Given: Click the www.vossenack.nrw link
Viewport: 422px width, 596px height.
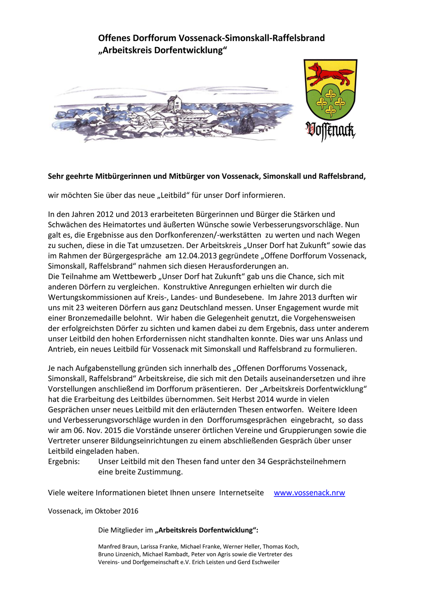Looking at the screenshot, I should (x=309, y=493).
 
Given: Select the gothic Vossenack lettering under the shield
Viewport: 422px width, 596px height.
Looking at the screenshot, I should (x=330, y=131).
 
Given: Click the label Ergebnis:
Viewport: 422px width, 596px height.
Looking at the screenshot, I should (x=64, y=461).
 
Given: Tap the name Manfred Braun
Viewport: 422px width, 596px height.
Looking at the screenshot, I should (x=118, y=547).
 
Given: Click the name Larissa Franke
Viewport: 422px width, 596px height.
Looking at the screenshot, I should (x=158, y=547).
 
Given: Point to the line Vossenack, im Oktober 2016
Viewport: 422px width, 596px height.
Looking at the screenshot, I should (x=93, y=511).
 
